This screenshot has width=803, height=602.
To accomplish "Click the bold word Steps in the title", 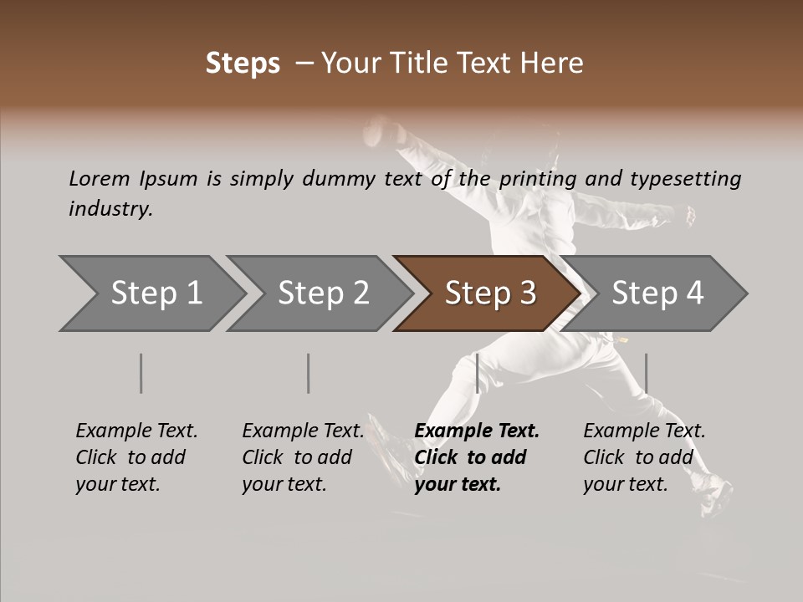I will [243, 64].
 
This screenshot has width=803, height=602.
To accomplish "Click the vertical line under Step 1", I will [141, 373].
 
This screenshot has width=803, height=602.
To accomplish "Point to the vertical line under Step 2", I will [308, 373].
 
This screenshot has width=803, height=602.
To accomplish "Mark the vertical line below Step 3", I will [477, 373].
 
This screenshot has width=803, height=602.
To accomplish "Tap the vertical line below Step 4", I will [646, 373].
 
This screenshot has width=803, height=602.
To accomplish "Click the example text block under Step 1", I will [136, 457].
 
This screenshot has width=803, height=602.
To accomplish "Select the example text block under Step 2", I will [303, 457].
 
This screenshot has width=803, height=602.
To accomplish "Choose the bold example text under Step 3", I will [477, 457].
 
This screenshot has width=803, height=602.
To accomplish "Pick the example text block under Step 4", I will [644, 457].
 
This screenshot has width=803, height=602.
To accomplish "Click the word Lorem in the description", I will [100, 178].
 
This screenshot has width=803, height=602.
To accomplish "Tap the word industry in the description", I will [110, 208].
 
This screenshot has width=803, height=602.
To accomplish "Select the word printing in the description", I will [538, 179].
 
